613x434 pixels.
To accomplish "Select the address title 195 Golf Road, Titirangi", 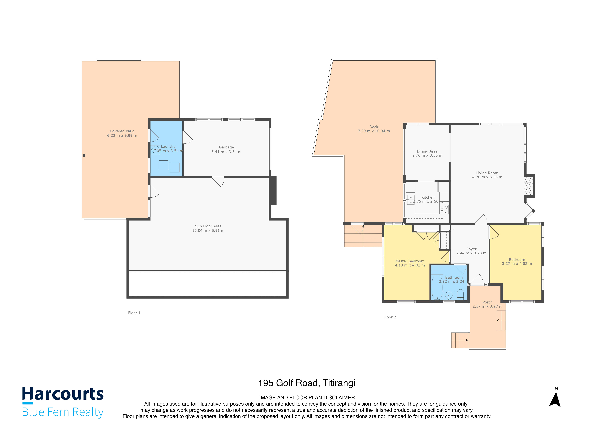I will pyautogui.click(x=306, y=383).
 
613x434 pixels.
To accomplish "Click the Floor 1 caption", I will pyautogui.click(x=134, y=313).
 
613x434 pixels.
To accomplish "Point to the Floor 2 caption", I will pyautogui.click(x=389, y=317).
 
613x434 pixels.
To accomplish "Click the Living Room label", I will pyautogui.click(x=487, y=173).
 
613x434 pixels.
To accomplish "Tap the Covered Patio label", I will pyautogui.click(x=122, y=131).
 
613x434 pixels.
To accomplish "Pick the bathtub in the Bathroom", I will pyautogui.click(x=437, y=288).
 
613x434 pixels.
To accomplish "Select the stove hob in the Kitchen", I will pyautogui.click(x=444, y=209).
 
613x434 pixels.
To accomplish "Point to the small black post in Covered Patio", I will pyautogui.click(x=84, y=155).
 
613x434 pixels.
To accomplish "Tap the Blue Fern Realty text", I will pyautogui.click(x=63, y=412).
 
